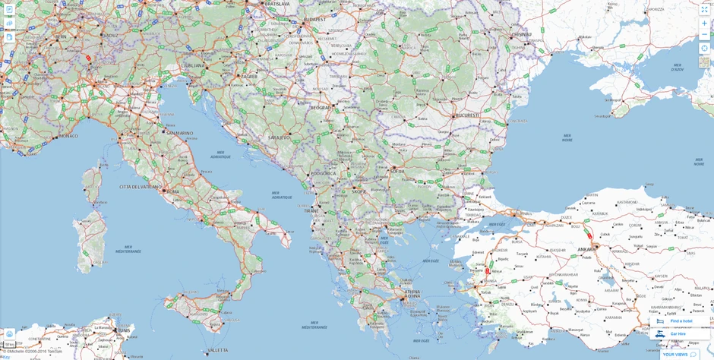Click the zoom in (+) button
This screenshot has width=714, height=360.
[704, 23]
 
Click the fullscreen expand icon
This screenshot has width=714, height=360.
[704, 9]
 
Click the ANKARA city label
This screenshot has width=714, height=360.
[586, 249]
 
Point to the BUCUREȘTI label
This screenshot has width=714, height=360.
[467, 115]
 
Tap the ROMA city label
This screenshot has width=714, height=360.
[172, 191]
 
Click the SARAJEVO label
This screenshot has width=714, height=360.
[279, 137]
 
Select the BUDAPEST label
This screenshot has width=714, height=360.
[314, 19]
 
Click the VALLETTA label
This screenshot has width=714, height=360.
[218, 350]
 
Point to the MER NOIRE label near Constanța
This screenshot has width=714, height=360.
[567, 138]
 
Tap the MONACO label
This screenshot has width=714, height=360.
[68, 136]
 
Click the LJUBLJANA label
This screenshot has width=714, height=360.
[193, 65]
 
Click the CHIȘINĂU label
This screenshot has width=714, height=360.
[521, 34]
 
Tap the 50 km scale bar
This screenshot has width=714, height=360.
[10, 344]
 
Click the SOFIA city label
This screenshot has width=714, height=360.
[397, 172]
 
